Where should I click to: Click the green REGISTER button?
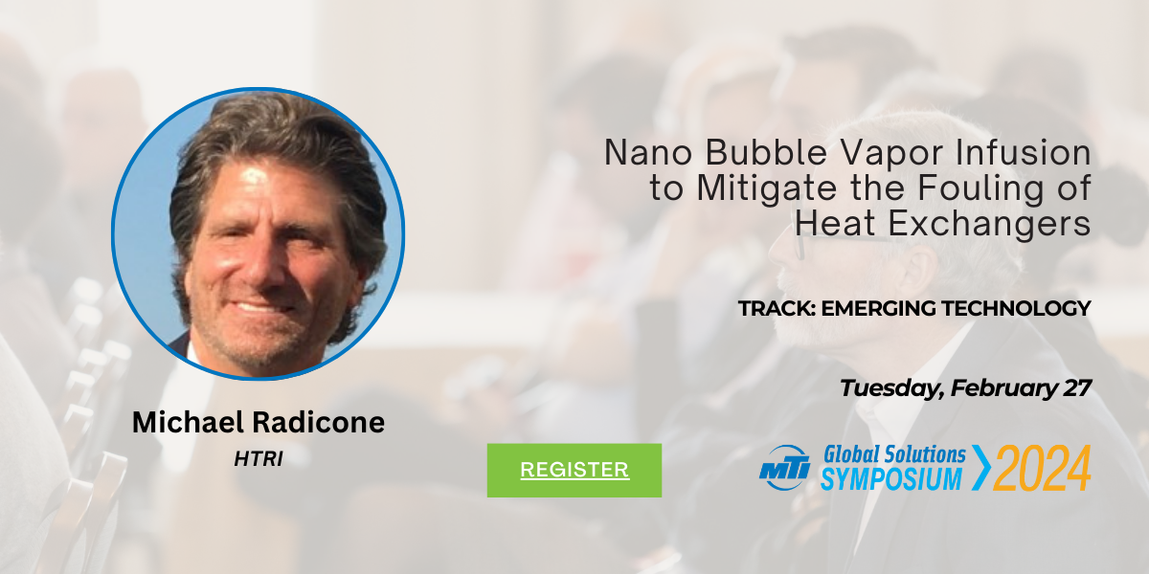(574, 470)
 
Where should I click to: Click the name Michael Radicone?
(259, 422)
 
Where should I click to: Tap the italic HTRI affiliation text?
(259, 458)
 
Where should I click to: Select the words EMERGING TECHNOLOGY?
(957, 308)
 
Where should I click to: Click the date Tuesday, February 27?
(965, 388)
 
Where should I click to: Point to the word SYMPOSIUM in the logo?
(891, 478)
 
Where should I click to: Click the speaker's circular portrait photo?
(259, 233)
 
